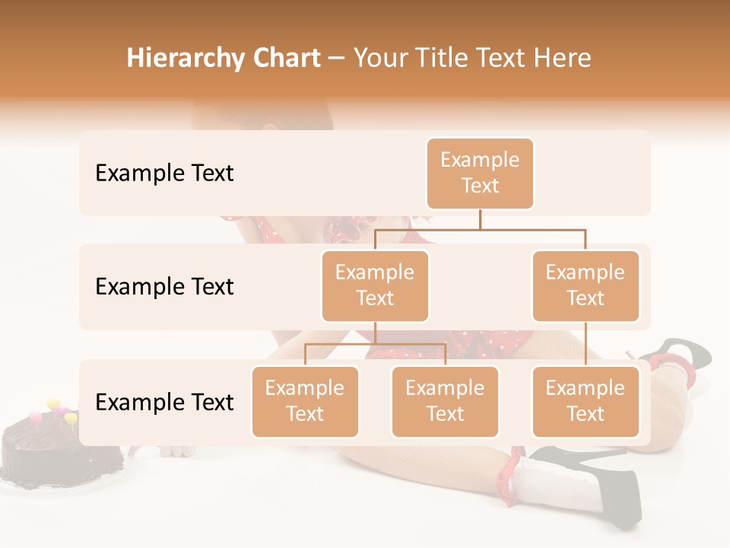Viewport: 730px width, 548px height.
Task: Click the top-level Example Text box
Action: pos(480,173)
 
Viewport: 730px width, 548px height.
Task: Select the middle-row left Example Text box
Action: pos(375,285)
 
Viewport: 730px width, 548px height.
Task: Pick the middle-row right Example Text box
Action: pos(586,285)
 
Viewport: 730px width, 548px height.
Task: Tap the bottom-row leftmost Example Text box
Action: pos(305,401)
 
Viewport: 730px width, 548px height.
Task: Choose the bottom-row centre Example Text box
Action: pos(445,401)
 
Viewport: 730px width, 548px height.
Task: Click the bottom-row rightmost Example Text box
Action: pos(586,401)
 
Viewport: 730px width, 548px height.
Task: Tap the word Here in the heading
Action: pos(563,58)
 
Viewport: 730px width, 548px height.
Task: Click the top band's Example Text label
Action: pos(164,174)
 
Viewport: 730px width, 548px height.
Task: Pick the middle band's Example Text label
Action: pos(164,287)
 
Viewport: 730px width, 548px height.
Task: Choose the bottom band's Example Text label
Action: pos(164,403)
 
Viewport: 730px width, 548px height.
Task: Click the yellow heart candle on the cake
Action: pos(53,405)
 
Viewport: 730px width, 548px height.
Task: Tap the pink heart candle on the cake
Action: pos(35,416)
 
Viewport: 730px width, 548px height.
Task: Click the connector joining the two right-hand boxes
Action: pos(586,344)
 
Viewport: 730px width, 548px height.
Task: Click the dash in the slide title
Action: pos(337,59)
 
